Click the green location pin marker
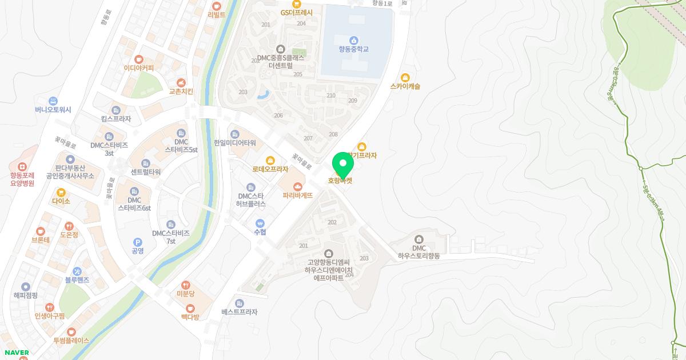pyautogui.click(x=343, y=165)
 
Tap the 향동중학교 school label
pyautogui.click(x=353, y=49)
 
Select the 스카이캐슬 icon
pyautogui.click(x=405, y=77)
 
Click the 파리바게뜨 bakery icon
pyautogui.click(x=297, y=186)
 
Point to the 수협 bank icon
pyautogui.click(x=260, y=223)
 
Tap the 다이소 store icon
pyautogui.click(x=61, y=192)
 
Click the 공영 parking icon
pyautogui.click(x=137, y=242)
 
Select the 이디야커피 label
pyautogui.click(x=138, y=68)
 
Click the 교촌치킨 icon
pyautogui.click(x=181, y=82)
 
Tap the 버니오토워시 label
pyautogui.click(x=53, y=110)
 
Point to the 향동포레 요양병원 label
pyautogui.click(x=22, y=179)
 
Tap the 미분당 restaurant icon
pyautogui.click(x=186, y=285)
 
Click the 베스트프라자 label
pyautogui.click(x=239, y=312)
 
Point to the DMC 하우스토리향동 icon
pyautogui.click(x=418, y=239)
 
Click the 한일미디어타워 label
pyautogui.click(x=234, y=143)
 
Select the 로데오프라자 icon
pyautogui.click(x=270, y=161)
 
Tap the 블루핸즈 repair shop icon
pyautogui.click(x=77, y=271)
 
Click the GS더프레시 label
pyautogui.click(x=297, y=12)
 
